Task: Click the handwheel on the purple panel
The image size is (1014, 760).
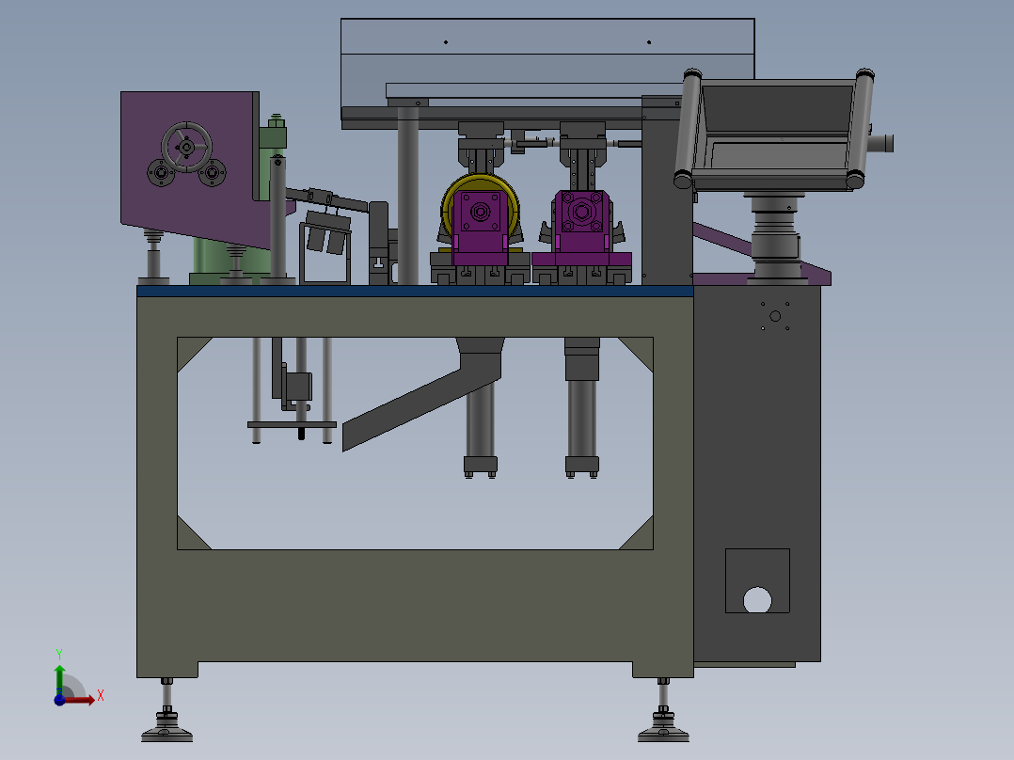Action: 186,148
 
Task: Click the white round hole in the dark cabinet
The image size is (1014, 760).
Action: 757,599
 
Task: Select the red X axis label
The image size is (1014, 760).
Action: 101,696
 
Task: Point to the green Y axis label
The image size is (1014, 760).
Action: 59,654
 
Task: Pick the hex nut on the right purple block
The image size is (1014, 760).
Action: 581,211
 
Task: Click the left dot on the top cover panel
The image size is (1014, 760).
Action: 446,42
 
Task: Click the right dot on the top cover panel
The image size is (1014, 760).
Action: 649,42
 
